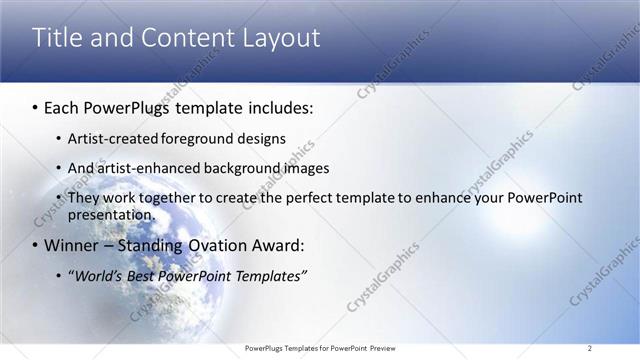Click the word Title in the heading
pos(56,38)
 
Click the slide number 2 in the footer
pos(590,348)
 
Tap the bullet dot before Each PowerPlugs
pos(36,106)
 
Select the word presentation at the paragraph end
pos(110,214)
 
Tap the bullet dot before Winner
pos(36,245)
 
